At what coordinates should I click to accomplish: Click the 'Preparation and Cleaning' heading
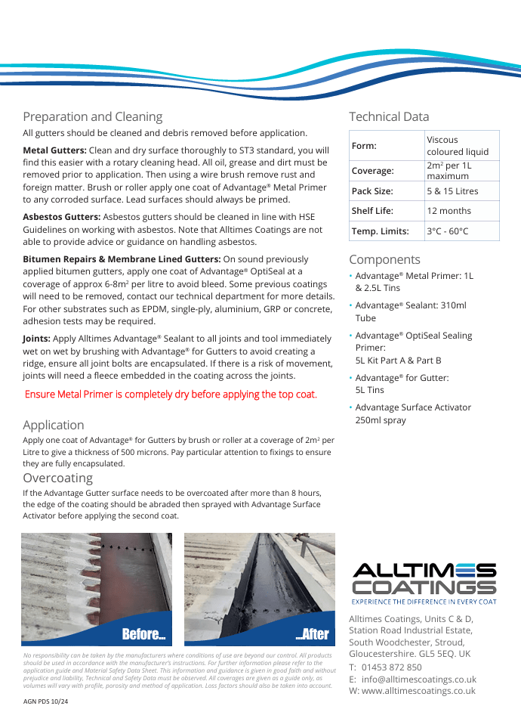pos(92,116)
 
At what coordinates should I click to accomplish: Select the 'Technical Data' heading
pos(389,116)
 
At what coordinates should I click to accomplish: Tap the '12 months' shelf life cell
pos(449,211)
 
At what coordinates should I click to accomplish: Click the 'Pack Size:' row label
pos(372,191)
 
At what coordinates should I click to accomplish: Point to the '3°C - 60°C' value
pos(448,231)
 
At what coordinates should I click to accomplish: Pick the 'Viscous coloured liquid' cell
pos(458,146)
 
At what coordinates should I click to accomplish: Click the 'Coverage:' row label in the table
pos(373,171)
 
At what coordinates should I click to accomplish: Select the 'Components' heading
pos(384,259)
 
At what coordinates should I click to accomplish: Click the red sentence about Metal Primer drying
pos(171,395)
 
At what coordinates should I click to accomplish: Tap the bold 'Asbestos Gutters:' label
pos(61,216)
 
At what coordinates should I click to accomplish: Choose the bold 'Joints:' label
pos(37,339)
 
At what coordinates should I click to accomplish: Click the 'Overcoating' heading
pos(57,478)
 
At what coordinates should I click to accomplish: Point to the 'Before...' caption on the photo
pos(143,634)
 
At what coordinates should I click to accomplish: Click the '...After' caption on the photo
pos(312,634)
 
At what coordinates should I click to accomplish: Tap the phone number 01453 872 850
pos(392,667)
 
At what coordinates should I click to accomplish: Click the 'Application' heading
pos(53,425)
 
